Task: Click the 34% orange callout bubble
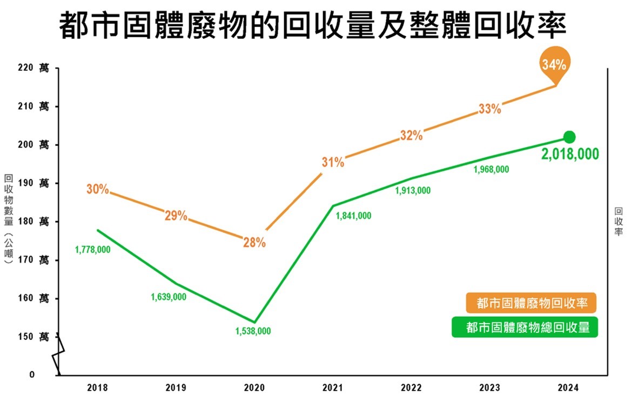554,65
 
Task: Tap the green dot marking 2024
569,137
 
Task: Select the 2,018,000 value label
570,155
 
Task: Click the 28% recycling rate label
254,243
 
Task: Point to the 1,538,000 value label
253,331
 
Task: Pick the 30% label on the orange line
98,190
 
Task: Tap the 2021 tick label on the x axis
333,388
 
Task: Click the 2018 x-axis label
97,388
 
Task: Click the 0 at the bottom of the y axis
32,374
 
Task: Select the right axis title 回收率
619,222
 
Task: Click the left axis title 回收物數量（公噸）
8,218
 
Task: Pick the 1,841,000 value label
353,216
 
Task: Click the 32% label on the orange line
411,136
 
